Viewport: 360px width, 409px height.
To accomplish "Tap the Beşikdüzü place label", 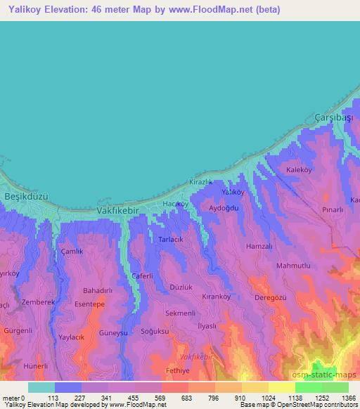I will point(26,197).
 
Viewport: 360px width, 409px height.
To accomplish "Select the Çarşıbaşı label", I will point(333,117).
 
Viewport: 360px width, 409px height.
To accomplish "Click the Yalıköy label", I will point(233,192).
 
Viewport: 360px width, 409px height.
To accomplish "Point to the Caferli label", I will point(142,276).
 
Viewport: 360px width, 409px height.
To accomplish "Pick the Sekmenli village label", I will point(180,312).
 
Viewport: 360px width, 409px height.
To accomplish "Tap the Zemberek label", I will point(38,301).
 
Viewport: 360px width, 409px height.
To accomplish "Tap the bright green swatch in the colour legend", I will point(308,387).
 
